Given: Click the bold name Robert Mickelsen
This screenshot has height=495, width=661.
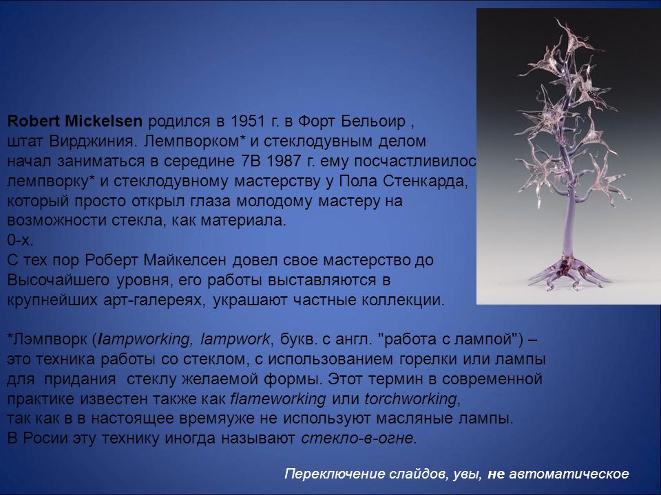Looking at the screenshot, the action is pos(74,121).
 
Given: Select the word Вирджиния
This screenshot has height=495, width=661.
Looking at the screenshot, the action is pos(94,142).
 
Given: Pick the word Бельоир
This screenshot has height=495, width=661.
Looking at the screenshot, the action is pos(373,121).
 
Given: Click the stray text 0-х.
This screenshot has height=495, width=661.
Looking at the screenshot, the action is pos(20,241).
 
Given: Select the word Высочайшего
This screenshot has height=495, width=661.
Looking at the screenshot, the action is pos(58,280).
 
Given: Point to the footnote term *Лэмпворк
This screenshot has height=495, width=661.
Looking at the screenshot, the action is pos(48,339).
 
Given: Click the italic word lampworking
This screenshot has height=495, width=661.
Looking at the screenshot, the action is pos(144,339).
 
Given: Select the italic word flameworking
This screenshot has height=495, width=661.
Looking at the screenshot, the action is pos(278,399).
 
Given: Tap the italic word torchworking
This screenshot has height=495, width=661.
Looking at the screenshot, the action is pos(410,399).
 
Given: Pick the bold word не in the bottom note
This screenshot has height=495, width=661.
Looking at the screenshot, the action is pos(496,474).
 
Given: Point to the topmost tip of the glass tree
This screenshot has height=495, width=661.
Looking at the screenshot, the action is pos(557,20).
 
